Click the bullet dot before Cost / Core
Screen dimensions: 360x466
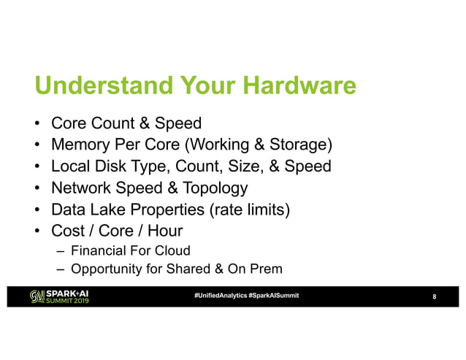38,234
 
